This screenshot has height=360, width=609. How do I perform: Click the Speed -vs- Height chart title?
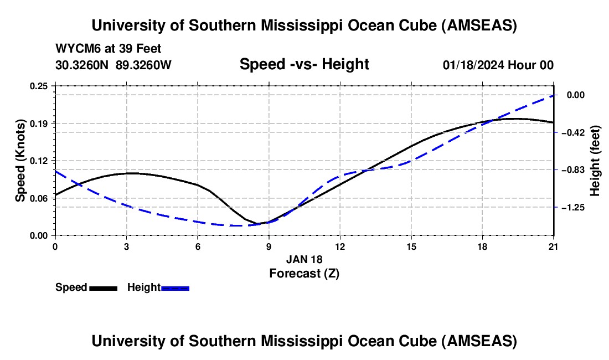tap(304, 64)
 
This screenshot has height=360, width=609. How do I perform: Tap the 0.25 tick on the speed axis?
tap(39, 86)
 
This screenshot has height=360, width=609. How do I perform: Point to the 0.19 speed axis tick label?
tap(39, 123)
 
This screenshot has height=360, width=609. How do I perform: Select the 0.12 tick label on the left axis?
tap(39, 161)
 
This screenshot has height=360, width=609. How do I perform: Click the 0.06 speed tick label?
tap(39, 198)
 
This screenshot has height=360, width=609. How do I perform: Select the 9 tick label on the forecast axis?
tap(269, 246)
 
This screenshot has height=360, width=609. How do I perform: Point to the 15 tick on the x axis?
tap(411, 246)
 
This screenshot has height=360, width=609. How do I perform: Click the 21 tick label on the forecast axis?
tap(553, 246)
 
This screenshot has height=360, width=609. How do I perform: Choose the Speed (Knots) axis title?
tap(20, 161)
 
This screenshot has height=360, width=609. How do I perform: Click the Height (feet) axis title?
tap(596, 161)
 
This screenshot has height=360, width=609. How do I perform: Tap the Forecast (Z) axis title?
tap(304, 273)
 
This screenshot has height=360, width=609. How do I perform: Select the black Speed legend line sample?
tap(104, 288)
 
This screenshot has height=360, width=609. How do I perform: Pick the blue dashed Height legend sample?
tap(176, 288)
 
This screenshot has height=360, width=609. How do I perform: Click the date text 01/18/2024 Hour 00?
tap(498, 65)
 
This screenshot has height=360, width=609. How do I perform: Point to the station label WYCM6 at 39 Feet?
tap(109, 49)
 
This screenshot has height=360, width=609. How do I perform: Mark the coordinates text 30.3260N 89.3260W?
tap(113, 65)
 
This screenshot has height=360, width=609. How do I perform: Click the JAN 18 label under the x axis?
tap(304, 259)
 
